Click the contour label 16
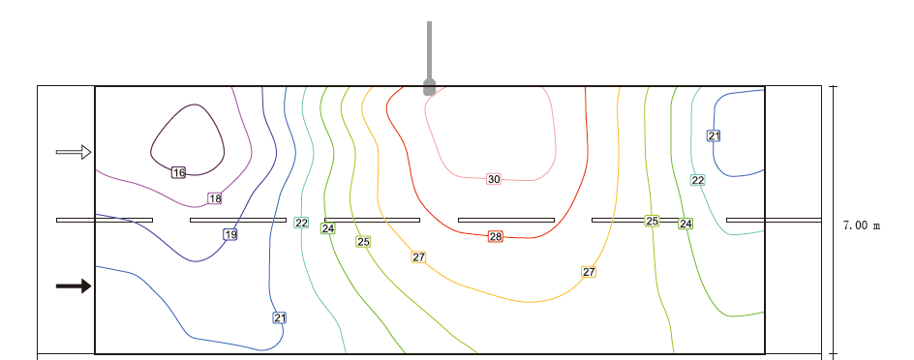click(178, 172)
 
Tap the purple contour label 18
click(215, 198)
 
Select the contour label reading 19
click(230, 235)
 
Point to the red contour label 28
click(496, 236)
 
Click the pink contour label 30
click(494, 179)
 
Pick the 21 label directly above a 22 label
click(715, 135)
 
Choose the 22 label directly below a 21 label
click(698, 180)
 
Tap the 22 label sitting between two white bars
click(301, 223)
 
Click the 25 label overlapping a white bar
click(653, 221)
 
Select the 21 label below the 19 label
click(280, 318)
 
